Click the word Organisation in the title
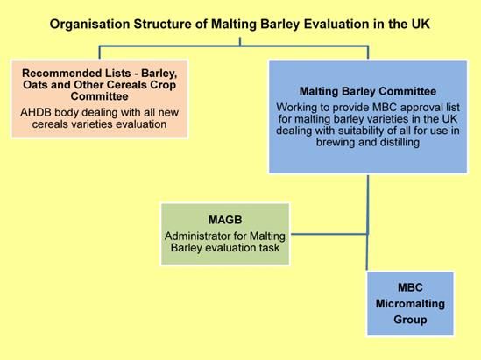click(x=89, y=25)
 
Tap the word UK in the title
click(x=420, y=24)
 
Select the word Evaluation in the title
click(x=336, y=24)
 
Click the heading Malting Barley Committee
click(x=368, y=91)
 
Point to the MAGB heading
click(x=225, y=220)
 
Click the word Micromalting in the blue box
click(x=410, y=304)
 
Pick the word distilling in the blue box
click(x=400, y=142)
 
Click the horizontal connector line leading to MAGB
click(x=329, y=234)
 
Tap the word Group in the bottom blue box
click(x=410, y=320)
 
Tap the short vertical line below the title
click(x=240, y=42)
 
